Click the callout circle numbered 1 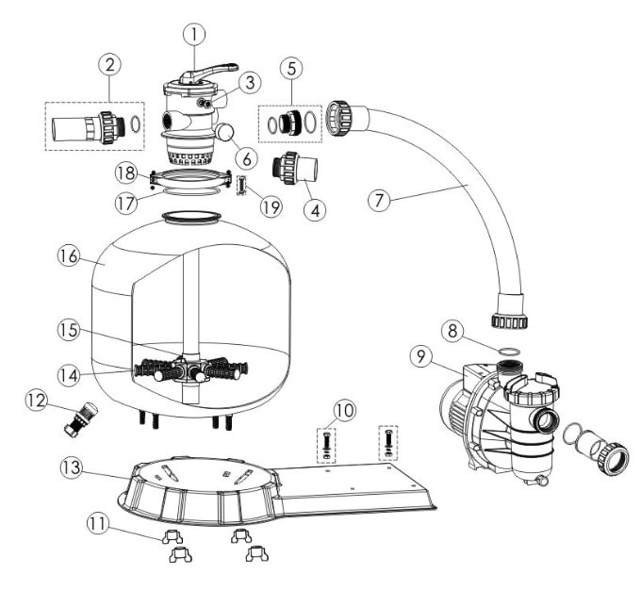194,35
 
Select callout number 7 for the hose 379,201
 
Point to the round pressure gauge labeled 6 224,132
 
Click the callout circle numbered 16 68,255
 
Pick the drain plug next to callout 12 80,418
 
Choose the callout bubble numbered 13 72,467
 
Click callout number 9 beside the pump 420,356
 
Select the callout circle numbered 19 271,206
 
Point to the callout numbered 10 345,410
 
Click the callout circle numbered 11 98,524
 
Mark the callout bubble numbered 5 291,68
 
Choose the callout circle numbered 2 110,64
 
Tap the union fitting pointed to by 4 295,167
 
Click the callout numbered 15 69,330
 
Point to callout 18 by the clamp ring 126,173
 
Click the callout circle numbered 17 126,203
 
